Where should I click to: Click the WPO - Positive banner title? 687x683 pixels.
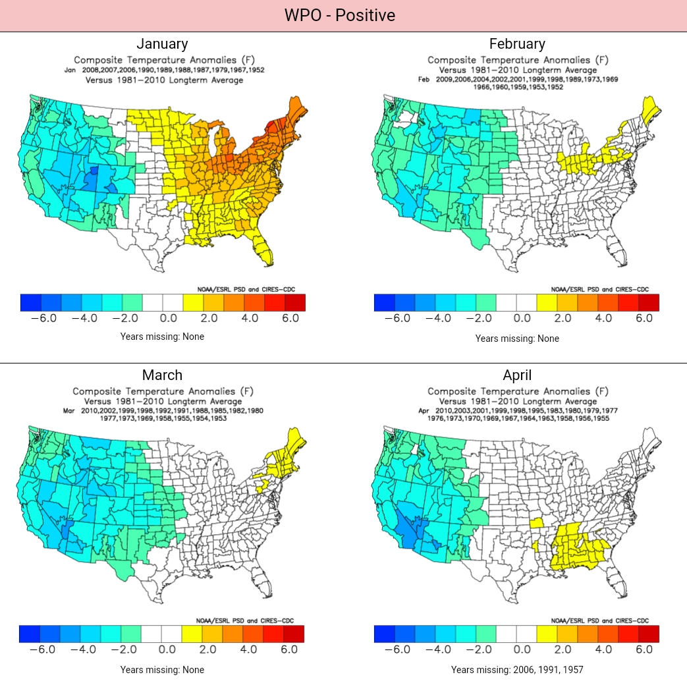(340, 15)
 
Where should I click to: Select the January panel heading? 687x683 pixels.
(162, 44)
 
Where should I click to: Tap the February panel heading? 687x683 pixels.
(517, 44)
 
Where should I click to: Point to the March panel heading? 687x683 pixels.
(162, 375)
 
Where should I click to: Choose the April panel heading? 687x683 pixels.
(517, 375)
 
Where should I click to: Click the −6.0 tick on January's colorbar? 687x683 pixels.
(44, 318)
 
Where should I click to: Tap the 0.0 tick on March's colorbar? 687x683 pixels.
(167, 650)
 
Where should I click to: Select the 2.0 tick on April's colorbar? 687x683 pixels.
(563, 650)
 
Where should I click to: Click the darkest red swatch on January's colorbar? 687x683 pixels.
(294, 302)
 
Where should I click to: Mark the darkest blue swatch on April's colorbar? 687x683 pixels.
(385, 634)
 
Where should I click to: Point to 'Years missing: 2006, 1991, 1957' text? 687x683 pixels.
(517, 670)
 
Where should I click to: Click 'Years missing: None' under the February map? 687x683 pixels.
(517, 339)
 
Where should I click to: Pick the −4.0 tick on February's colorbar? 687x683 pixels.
(439, 318)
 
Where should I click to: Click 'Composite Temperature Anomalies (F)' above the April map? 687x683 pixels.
(517, 391)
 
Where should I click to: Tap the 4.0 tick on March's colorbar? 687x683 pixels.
(249, 650)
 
